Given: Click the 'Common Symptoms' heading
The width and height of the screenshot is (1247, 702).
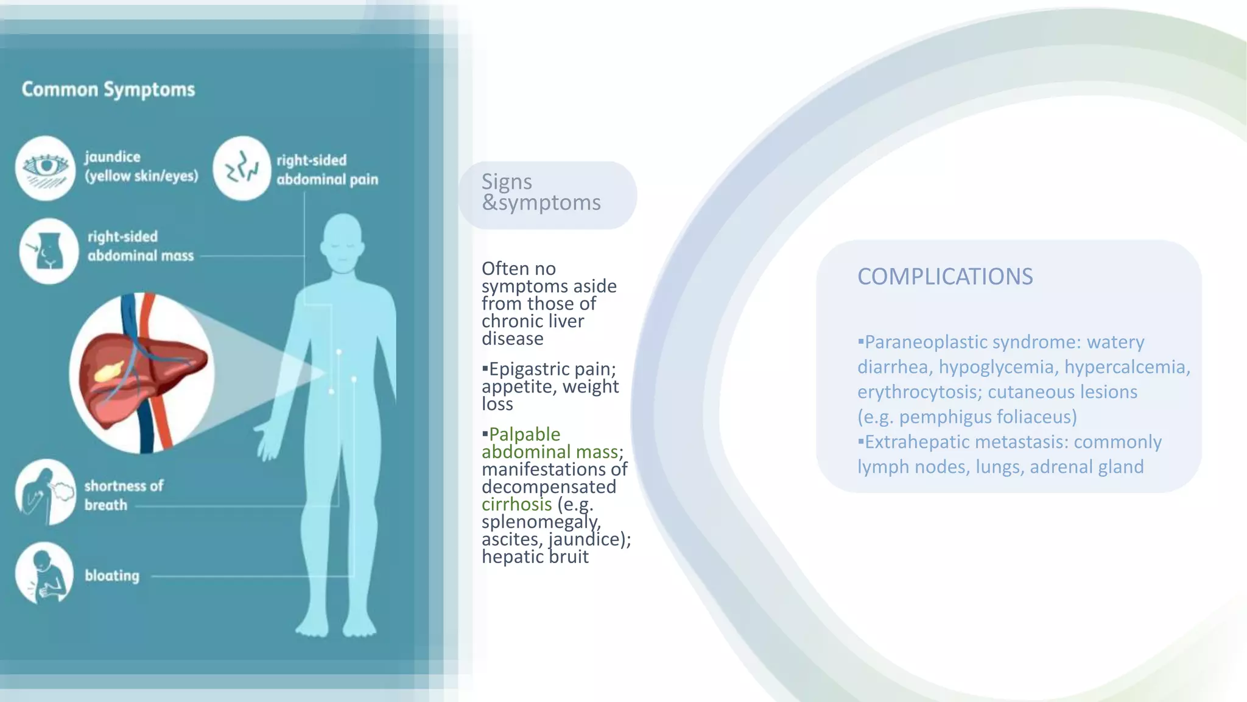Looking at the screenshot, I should click(108, 90).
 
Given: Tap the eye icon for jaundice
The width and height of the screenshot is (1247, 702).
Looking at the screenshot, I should click(45, 168).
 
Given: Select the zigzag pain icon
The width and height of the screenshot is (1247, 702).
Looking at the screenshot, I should click(242, 168).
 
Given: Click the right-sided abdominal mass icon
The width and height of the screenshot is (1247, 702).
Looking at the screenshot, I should click(48, 251).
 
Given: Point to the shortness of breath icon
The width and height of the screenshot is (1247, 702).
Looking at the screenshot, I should click(45, 492).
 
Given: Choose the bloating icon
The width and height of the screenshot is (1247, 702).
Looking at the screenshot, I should click(44, 573).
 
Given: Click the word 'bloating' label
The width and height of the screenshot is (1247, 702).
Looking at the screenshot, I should click(112, 575).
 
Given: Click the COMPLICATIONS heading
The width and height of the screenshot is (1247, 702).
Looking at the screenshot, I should click(945, 277).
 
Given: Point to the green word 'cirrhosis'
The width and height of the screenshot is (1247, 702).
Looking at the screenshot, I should click(516, 505).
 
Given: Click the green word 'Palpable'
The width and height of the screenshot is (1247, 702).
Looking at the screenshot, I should click(524, 434).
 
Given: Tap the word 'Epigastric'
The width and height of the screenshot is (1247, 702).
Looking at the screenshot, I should click(527, 369).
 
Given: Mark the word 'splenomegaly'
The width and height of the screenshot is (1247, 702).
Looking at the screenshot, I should click(541, 522).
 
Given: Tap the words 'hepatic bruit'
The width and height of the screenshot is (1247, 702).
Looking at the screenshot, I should click(535, 557).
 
